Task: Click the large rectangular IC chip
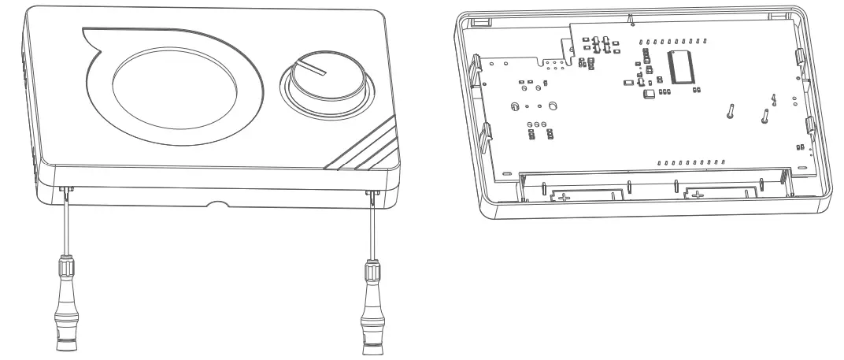tap(681, 65)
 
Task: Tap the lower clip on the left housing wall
tap(484, 134)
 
